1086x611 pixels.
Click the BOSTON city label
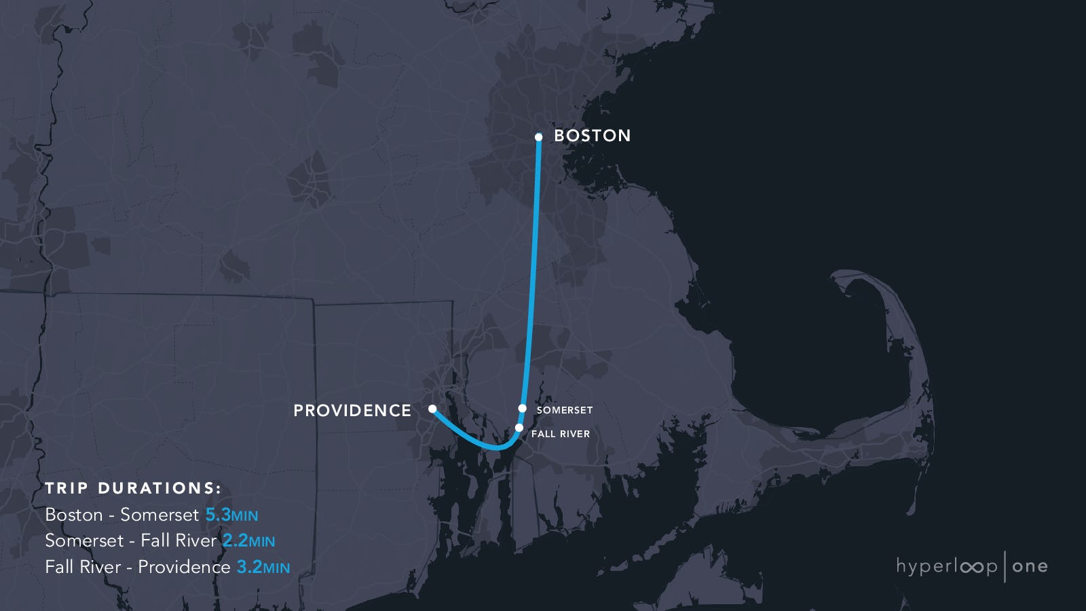click(x=592, y=136)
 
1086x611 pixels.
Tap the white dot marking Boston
click(x=538, y=137)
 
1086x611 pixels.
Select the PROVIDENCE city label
click(x=352, y=411)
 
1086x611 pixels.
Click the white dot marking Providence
click(x=432, y=409)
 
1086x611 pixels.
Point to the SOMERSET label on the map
click(x=564, y=410)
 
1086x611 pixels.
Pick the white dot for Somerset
click(x=522, y=408)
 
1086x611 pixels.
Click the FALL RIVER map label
click(x=560, y=434)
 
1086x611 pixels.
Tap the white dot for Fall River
click(x=519, y=428)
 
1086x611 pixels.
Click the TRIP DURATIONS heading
click(x=133, y=488)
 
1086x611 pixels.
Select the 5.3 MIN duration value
click(x=231, y=515)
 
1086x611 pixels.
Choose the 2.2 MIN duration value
click(x=248, y=541)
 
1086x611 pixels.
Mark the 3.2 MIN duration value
click(x=263, y=567)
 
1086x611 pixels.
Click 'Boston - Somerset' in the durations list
click(x=122, y=515)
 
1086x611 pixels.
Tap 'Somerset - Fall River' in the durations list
click(x=131, y=541)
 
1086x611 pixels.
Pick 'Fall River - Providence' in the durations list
click(x=138, y=567)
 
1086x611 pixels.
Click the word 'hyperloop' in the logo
click(x=946, y=566)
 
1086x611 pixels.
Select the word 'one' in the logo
click(x=1030, y=566)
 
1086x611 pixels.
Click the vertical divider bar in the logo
click(x=1005, y=566)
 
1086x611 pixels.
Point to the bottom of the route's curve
click(x=498, y=448)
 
